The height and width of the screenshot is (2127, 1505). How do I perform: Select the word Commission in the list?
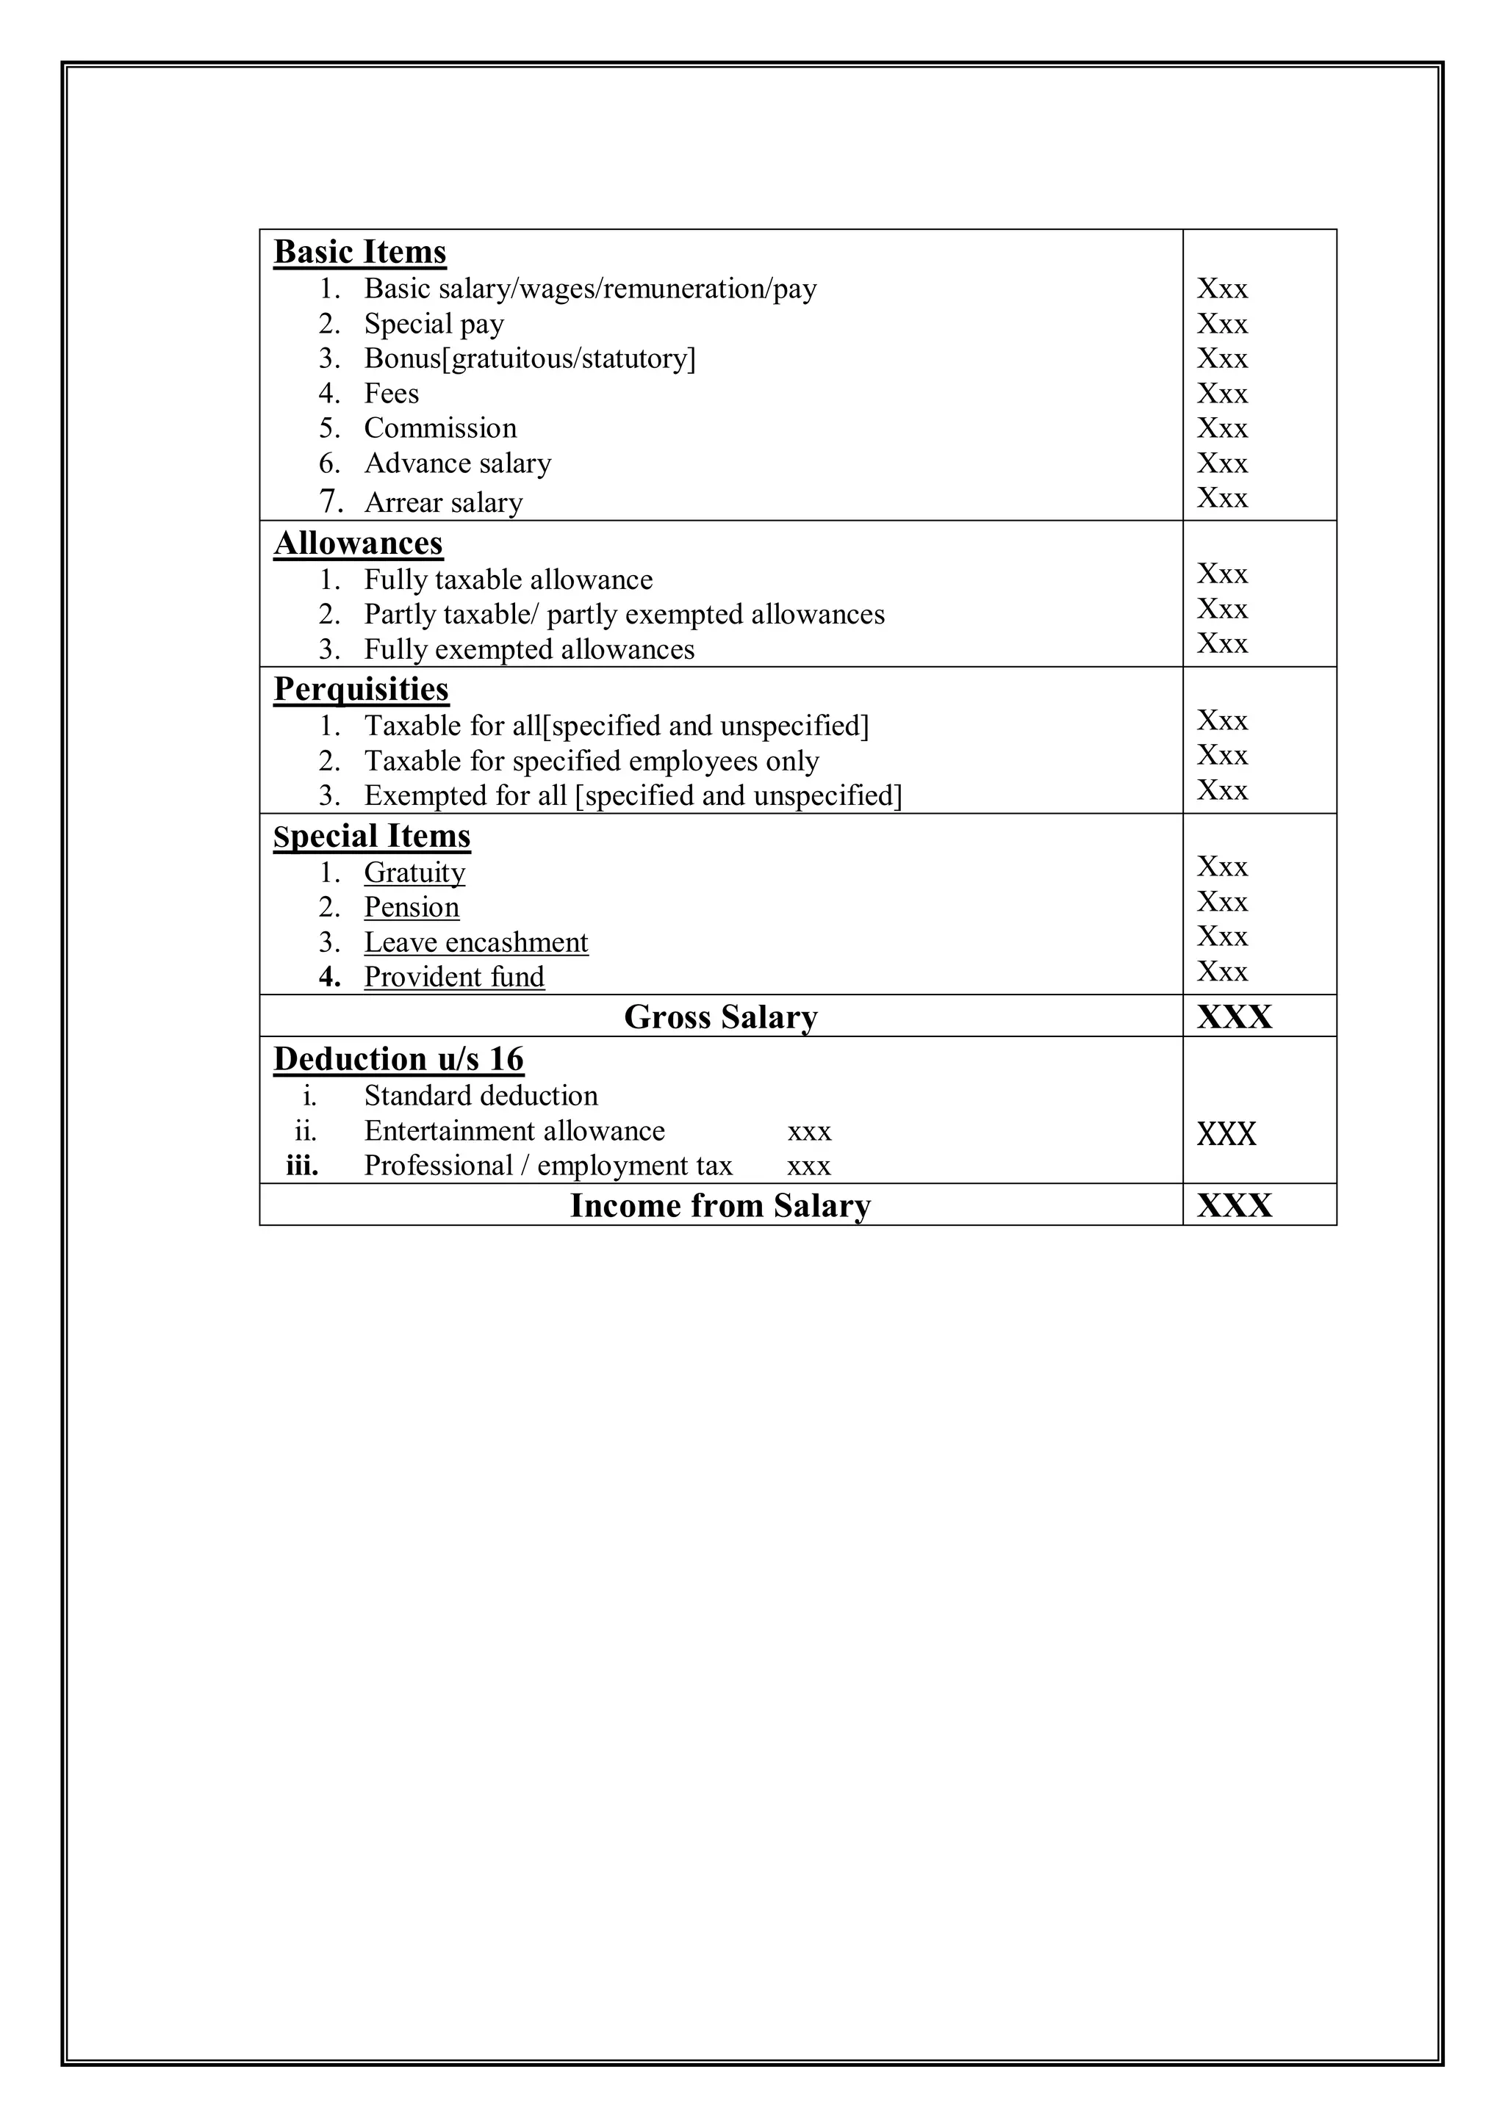pyautogui.click(x=440, y=428)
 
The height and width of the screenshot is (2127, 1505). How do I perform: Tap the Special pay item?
pyautogui.click(x=434, y=324)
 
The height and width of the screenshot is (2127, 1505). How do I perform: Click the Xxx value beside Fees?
pyautogui.click(x=1221, y=394)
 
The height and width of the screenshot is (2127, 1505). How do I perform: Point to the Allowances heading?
pyautogui.click(x=358, y=543)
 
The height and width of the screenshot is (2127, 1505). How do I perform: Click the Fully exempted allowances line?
pyautogui.click(x=528, y=649)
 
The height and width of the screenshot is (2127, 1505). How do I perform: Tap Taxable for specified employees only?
pyautogui.click(x=592, y=761)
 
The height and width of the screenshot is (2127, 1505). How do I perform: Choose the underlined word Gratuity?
pyautogui.click(x=414, y=873)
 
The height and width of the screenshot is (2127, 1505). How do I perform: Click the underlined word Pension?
pyautogui.click(x=412, y=907)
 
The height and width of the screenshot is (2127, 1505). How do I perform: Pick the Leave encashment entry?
pyautogui.click(x=475, y=942)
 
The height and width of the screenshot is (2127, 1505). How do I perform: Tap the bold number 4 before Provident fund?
pyautogui.click(x=329, y=978)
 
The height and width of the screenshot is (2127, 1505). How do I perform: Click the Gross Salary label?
pyautogui.click(x=720, y=1017)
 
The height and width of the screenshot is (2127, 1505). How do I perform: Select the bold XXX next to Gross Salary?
pyautogui.click(x=1234, y=1017)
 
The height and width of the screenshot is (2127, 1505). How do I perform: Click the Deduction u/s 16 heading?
pyautogui.click(x=398, y=1059)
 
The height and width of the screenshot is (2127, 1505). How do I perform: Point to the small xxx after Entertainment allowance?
pyautogui.click(x=809, y=1132)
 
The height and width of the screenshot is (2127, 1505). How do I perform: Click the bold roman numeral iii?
pyautogui.click(x=302, y=1166)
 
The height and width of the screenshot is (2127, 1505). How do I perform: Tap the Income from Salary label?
pyautogui.click(x=720, y=1205)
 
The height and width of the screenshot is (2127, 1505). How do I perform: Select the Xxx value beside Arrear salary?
pyautogui.click(x=1221, y=499)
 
